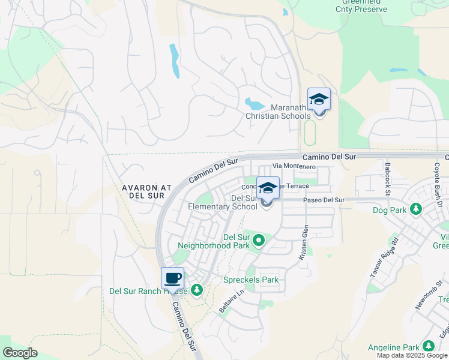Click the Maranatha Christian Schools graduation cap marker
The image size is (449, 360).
pos(319,100)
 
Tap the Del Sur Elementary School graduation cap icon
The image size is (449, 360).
pos(268,188)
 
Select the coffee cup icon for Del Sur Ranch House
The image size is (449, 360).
pos(173,279)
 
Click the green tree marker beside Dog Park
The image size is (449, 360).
pos(415,210)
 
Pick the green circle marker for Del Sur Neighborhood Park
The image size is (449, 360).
pos(259,241)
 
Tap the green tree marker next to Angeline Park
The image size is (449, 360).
pos(428,346)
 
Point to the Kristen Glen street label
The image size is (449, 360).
pos(305,242)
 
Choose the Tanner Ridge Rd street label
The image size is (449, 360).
pos(384,257)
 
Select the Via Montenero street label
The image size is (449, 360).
pos(294,166)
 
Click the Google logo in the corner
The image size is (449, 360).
pos(20,353)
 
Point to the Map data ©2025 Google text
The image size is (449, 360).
pos(411,355)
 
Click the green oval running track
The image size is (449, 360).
pos(310,133)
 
